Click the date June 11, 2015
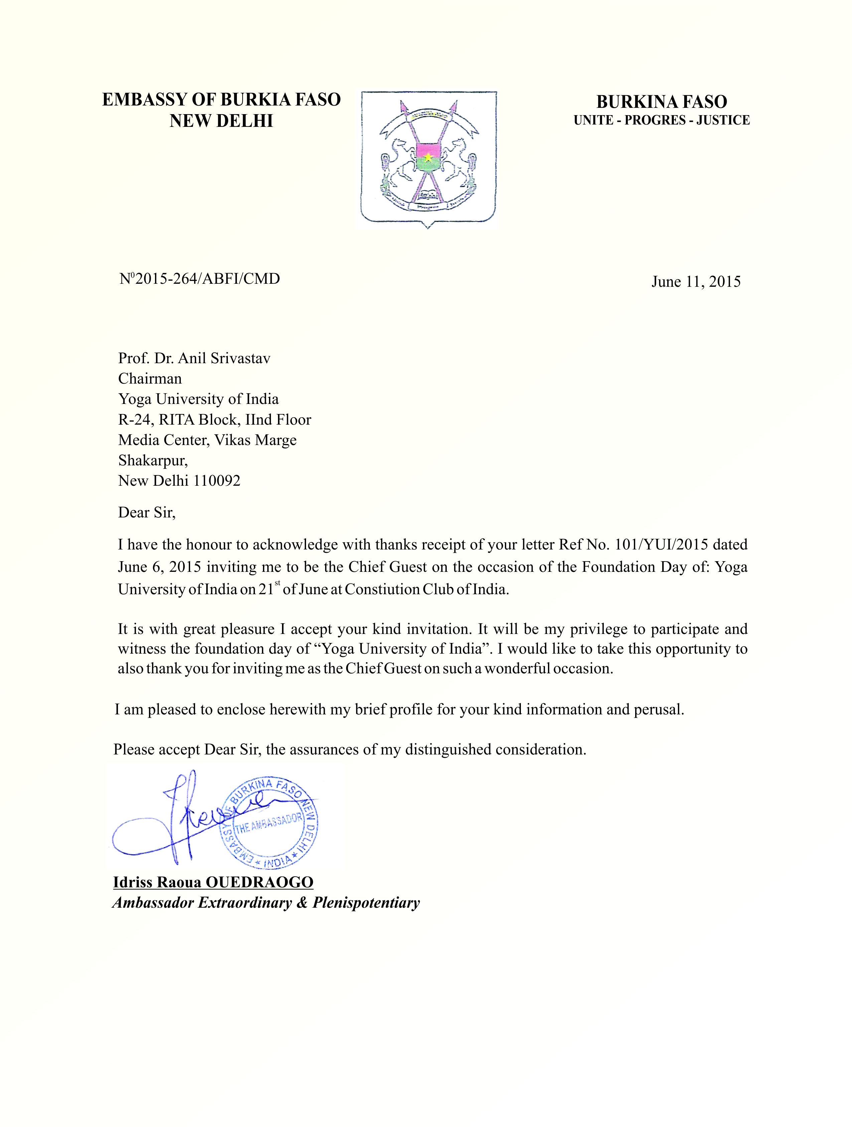[696, 282]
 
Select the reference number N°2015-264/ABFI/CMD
[199, 279]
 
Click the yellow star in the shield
[428, 157]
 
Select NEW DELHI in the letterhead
[221, 121]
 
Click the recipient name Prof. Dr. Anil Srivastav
[194, 358]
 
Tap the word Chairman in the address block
[150, 379]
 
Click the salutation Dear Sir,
[147, 512]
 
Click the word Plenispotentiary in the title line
[366, 903]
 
